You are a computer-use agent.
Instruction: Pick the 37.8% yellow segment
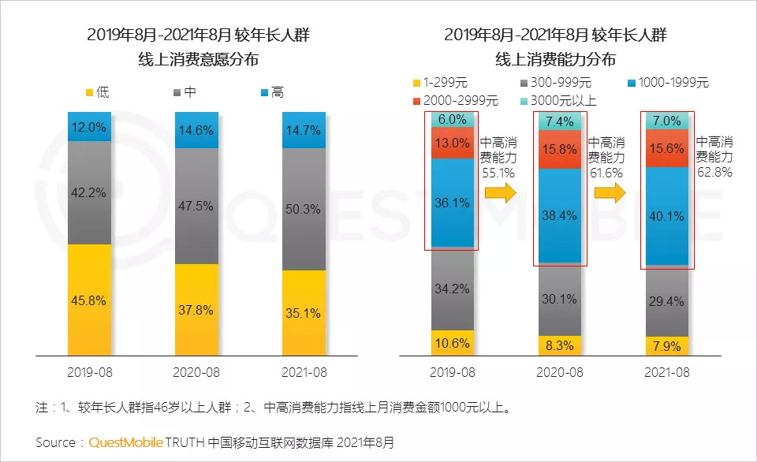(196, 310)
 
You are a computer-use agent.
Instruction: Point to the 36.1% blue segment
(452, 203)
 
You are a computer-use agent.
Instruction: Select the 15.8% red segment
(560, 149)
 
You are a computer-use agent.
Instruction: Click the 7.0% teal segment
(667, 121)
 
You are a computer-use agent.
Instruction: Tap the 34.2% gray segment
(452, 289)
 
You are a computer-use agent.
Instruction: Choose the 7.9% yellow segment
(667, 346)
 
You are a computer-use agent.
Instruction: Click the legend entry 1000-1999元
(668, 82)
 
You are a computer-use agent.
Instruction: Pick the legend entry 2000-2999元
(455, 100)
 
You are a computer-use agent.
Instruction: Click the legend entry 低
(96, 92)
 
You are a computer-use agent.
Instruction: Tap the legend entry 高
(270, 92)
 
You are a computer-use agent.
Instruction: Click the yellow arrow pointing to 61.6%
(606, 193)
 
